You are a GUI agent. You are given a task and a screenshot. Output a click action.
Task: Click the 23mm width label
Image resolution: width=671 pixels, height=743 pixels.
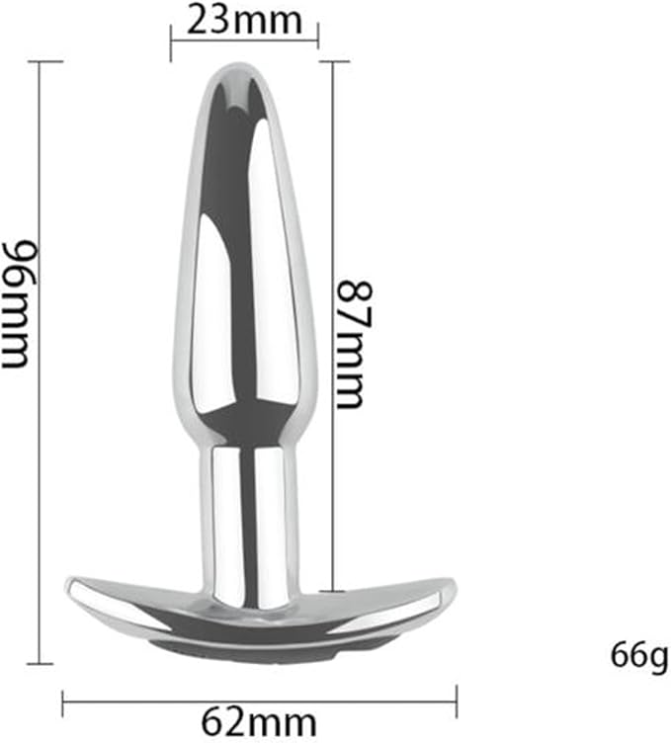tap(244, 20)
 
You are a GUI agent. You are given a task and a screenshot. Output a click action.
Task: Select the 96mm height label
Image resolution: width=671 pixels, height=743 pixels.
tap(19, 303)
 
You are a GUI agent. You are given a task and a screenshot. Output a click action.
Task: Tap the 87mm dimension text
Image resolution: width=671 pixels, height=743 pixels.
tap(355, 345)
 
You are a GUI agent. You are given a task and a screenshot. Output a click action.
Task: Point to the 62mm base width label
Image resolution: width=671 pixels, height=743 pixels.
tap(258, 722)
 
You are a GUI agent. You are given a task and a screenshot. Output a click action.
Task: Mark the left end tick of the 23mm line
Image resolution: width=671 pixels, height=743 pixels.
tap(171, 43)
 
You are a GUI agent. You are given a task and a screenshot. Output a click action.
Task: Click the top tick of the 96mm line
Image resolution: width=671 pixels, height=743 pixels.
tap(45, 61)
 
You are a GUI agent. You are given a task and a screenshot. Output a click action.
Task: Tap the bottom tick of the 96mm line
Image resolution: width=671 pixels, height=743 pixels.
tap(40, 663)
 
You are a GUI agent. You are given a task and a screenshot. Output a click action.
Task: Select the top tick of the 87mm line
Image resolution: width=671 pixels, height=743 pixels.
tap(334, 61)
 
